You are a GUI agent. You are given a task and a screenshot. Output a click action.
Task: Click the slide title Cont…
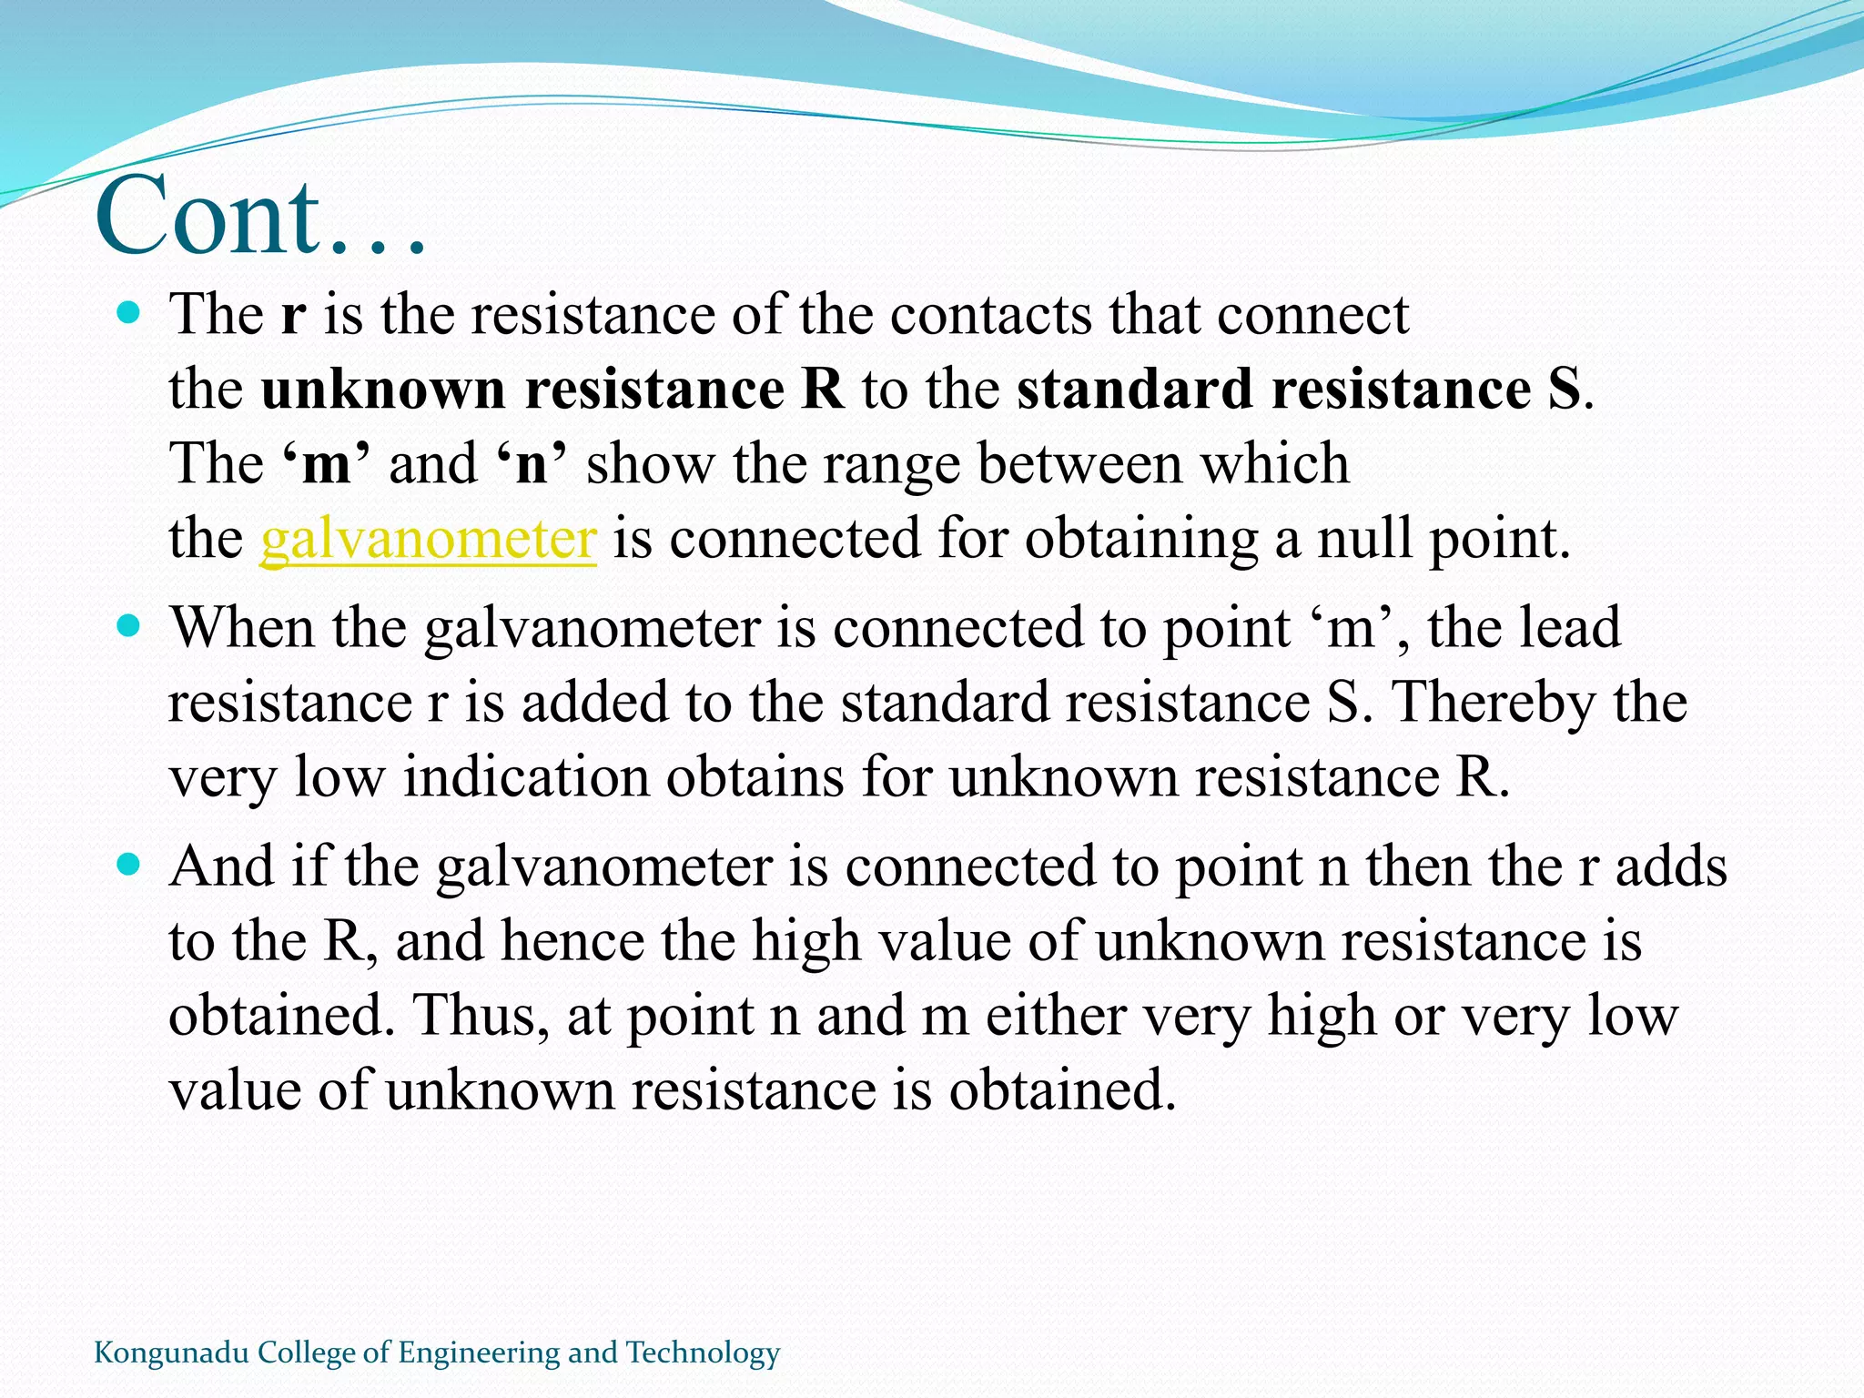260,217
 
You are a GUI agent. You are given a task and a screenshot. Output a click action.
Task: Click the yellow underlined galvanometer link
428,538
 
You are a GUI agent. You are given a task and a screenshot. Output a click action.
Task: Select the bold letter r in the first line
293,315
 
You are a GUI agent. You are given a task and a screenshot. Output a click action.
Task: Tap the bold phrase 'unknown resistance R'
552,390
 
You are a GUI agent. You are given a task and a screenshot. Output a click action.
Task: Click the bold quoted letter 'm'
326,463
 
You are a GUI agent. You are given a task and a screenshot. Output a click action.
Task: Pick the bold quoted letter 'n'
532,463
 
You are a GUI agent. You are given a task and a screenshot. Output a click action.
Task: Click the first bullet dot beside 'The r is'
129,314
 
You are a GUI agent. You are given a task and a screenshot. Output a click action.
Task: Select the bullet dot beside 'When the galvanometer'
129,627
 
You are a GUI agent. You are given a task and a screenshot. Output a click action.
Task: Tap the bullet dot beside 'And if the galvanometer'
129,865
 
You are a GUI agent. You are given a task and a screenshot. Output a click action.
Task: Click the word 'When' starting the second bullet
242,628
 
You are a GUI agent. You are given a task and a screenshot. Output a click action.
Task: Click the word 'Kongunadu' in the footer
171,1353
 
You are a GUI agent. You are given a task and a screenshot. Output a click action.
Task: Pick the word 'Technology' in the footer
703,1353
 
